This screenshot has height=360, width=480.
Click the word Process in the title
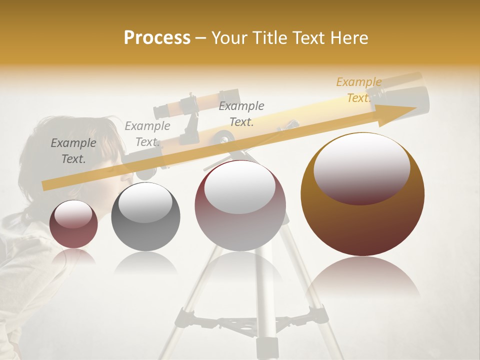point(157,38)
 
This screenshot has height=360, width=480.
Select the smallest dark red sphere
point(73,224)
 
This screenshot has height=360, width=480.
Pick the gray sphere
point(145,217)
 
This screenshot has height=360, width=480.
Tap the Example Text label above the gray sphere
point(147,134)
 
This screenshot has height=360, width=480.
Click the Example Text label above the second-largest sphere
point(241,114)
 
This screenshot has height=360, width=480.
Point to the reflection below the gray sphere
point(145,262)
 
